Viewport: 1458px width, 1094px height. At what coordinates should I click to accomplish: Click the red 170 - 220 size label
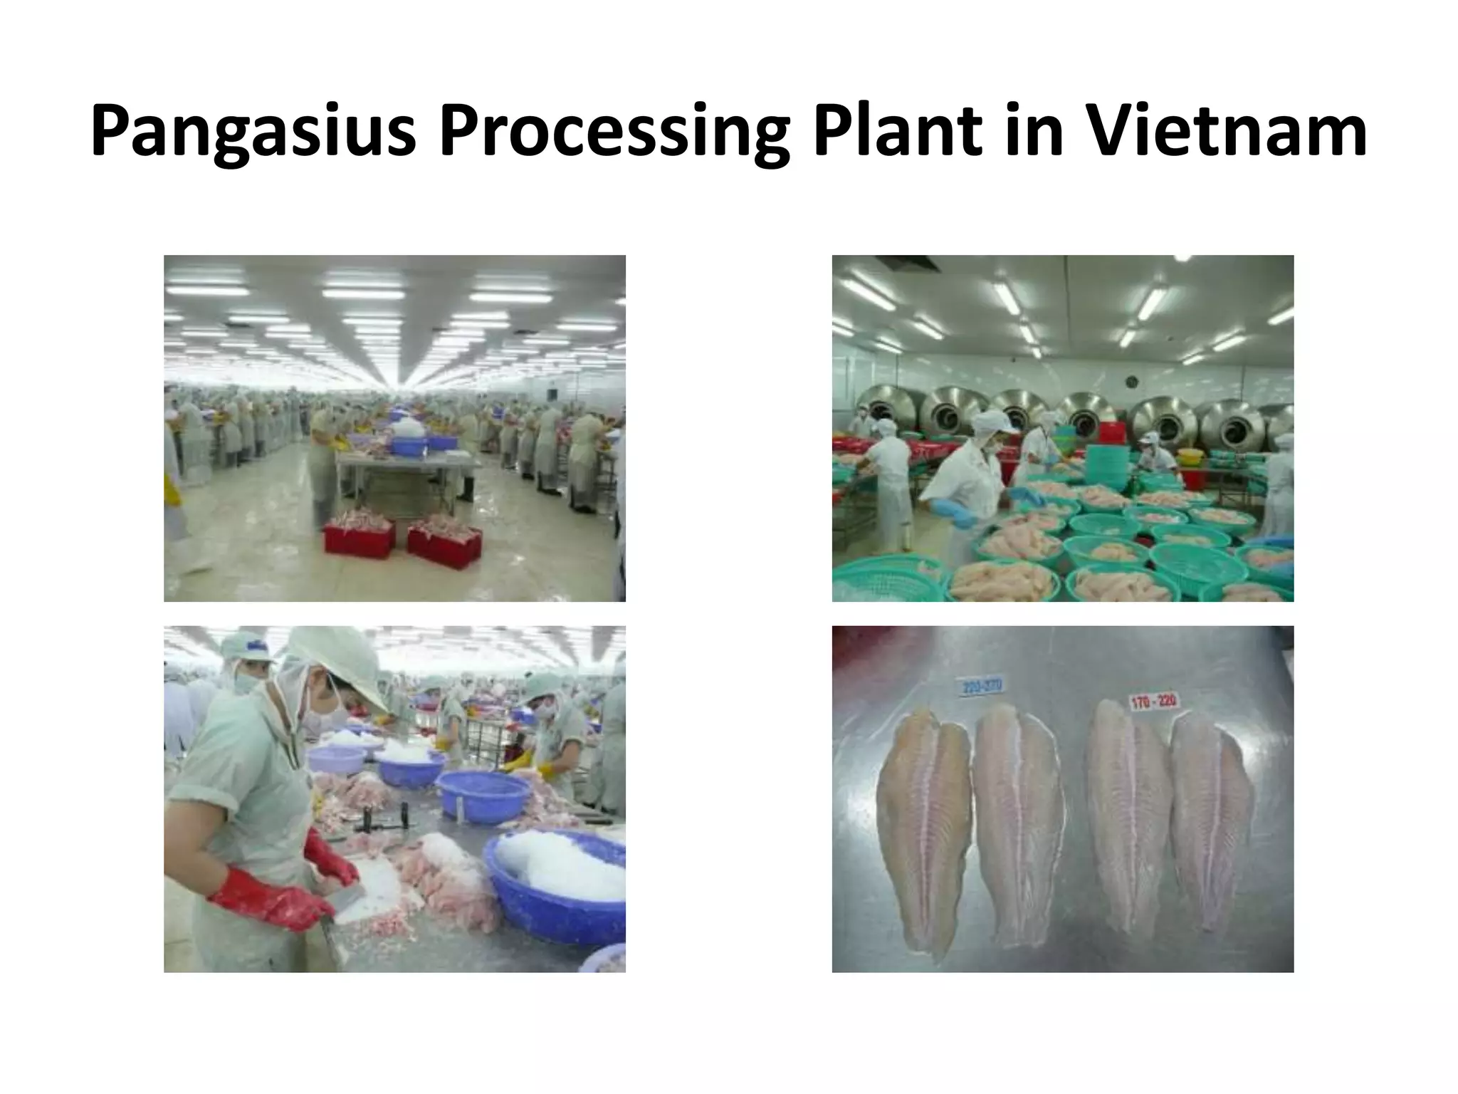tap(1153, 702)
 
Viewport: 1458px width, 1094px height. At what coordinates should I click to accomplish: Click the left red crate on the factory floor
tap(359, 536)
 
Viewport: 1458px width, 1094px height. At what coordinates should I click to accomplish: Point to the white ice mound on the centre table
tap(408, 428)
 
